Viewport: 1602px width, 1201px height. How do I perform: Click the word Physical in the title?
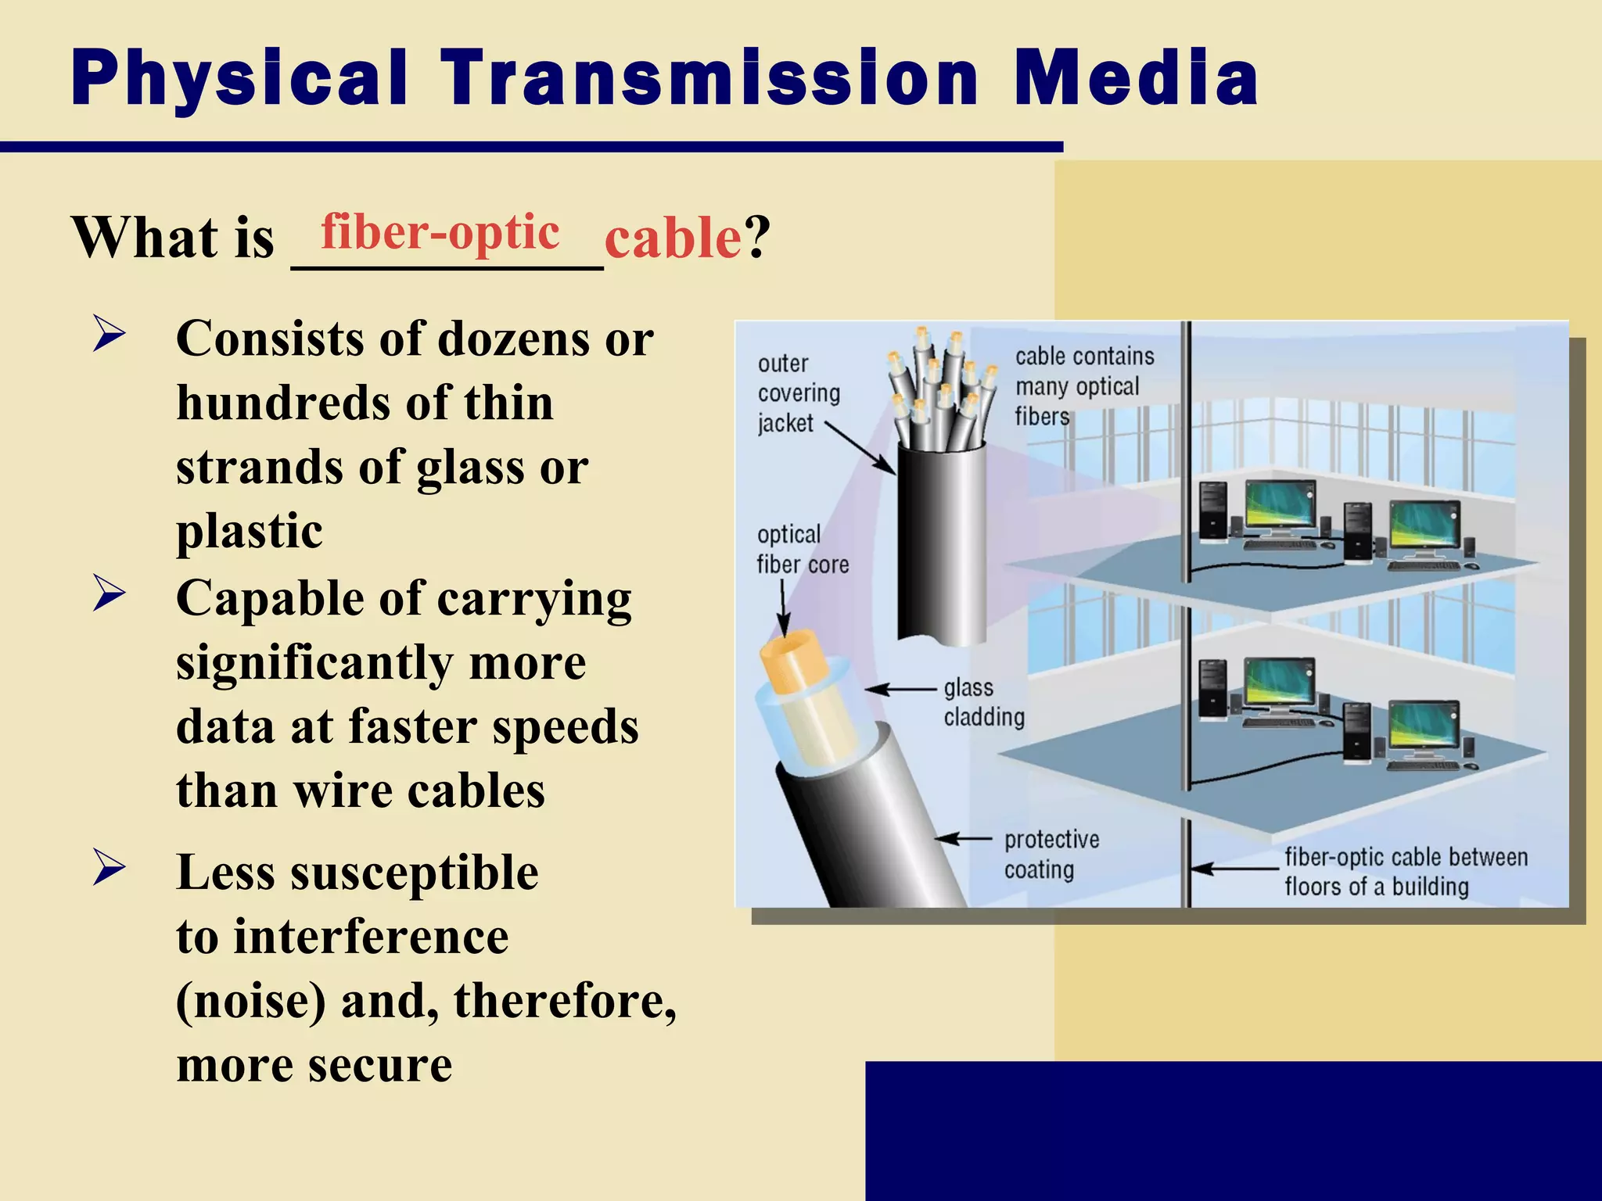click(239, 78)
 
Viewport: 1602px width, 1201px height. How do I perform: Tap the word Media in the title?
click(1136, 78)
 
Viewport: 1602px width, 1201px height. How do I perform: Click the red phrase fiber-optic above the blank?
click(440, 232)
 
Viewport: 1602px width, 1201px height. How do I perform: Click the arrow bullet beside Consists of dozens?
click(109, 334)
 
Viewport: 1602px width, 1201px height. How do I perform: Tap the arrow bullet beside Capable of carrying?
click(109, 594)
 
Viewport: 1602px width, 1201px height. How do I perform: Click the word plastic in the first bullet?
click(249, 531)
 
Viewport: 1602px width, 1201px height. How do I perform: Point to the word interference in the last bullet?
click(371, 937)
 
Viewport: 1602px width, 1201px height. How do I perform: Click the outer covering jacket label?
click(798, 393)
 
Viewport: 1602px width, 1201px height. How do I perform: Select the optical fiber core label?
click(802, 550)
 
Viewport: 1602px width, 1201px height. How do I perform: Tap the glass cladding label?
click(983, 702)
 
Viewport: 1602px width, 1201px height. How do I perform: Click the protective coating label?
click(1051, 855)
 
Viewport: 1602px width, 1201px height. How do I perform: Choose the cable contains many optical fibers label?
click(1083, 386)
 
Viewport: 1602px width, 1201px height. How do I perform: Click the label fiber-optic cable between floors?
click(1405, 872)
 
